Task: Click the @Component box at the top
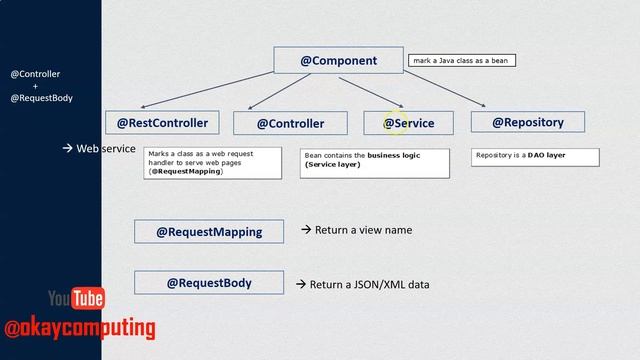(338, 60)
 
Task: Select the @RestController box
(162, 123)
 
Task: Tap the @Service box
(407, 123)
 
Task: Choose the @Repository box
(527, 122)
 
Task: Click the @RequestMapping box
(208, 232)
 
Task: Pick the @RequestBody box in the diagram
(208, 283)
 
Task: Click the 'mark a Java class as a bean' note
(461, 61)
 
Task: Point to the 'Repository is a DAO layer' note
(535, 156)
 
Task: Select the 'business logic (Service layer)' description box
(374, 162)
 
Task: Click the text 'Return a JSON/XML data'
(368, 285)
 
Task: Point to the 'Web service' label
(105, 148)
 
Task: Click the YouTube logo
(76, 298)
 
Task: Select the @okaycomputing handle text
(80, 327)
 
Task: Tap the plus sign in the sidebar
(35, 86)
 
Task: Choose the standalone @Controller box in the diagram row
(290, 123)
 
